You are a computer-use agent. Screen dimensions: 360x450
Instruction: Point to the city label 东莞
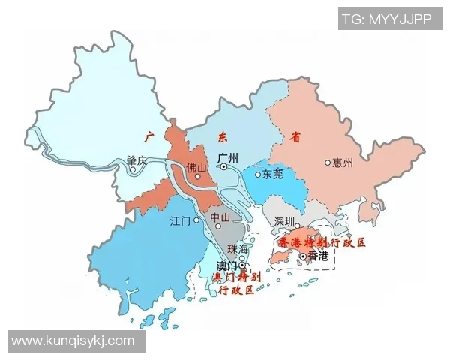(x=272, y=175)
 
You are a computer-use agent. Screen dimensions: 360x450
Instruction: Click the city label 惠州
(x=343, y=162)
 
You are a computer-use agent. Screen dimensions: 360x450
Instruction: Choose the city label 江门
(x=181, y=220)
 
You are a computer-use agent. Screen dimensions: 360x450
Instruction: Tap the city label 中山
(x=220, y=217)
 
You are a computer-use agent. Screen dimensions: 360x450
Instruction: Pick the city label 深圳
(x=286, y=223)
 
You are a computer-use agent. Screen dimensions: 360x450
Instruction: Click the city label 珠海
(x=239, y=249)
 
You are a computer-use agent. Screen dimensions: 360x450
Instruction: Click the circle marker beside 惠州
(x=328, y=163)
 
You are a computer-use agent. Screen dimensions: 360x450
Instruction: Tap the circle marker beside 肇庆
(x=132, y=170)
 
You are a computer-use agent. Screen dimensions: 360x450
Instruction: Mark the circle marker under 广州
(x=223, y=167)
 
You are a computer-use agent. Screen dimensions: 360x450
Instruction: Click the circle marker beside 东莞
(x=257, y=175)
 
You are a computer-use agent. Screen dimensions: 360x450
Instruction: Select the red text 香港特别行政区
(x=321, y=242)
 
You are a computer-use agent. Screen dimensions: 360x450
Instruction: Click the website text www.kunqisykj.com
(x=73, y=340)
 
